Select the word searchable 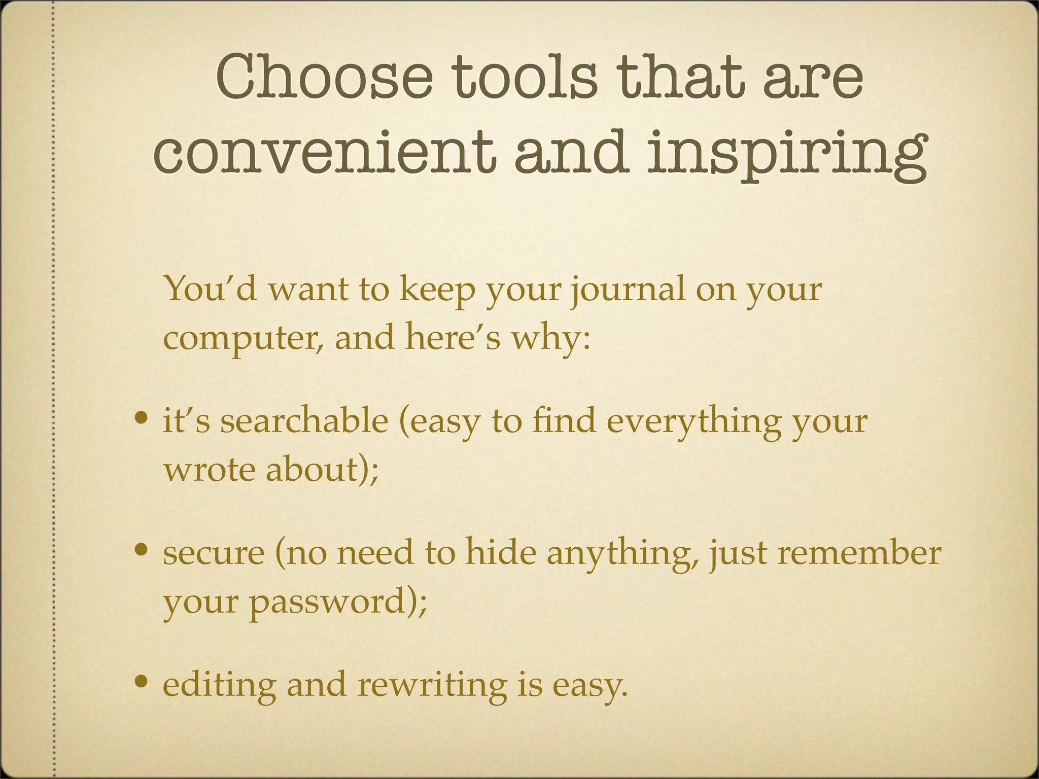(304, 421)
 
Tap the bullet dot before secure (142, 550)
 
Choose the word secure (214, 553)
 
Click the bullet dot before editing (142, 682)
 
